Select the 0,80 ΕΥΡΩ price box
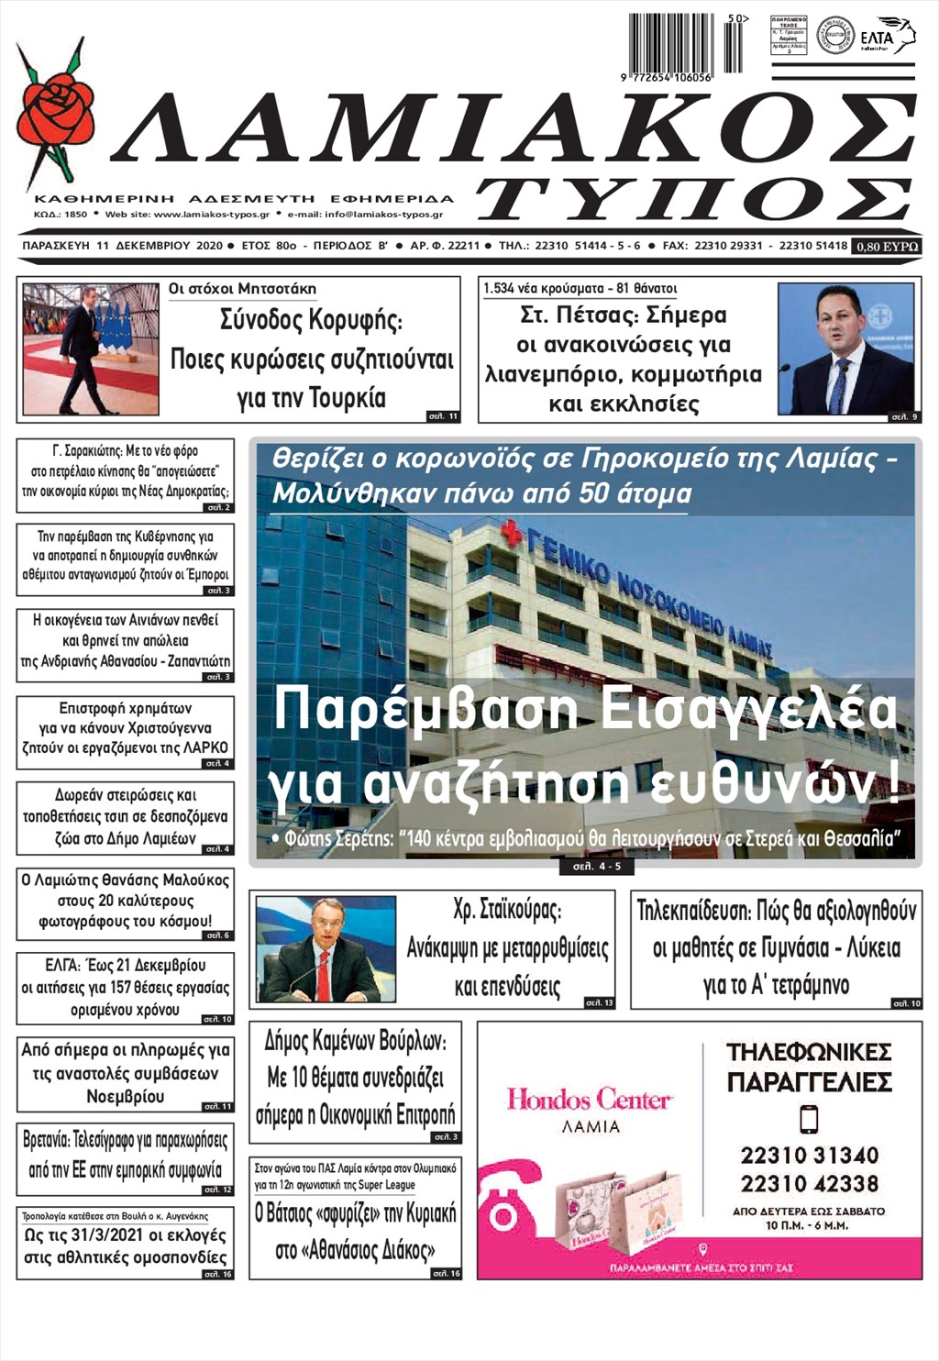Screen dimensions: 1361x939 [x=887, y=247]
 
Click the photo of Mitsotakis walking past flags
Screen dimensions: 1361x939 [x=90, y=349]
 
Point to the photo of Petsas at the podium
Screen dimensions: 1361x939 [x=845, y=349]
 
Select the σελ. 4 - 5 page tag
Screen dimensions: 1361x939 [x=597, y=866]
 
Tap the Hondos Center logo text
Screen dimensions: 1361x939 [x=590, y=1099]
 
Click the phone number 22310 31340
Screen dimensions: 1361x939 [x=810, y=1155]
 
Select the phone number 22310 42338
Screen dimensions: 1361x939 [x=810, y=1183]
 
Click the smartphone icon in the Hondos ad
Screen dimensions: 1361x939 [x=809, y=1120]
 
